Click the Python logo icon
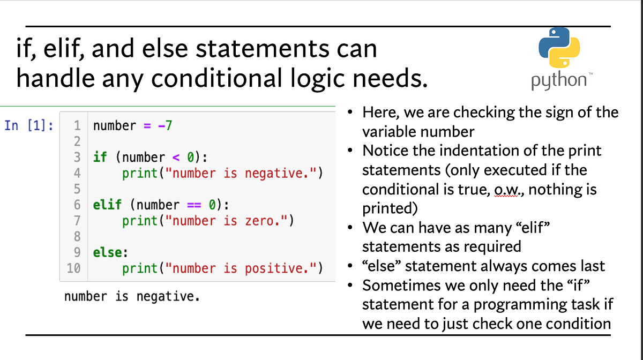559,51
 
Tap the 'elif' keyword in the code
106,205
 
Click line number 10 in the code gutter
73,268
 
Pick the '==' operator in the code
193,205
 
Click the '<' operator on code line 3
174,157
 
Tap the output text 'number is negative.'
131,296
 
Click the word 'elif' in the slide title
69,49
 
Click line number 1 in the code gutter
77,125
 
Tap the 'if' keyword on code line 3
100,157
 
